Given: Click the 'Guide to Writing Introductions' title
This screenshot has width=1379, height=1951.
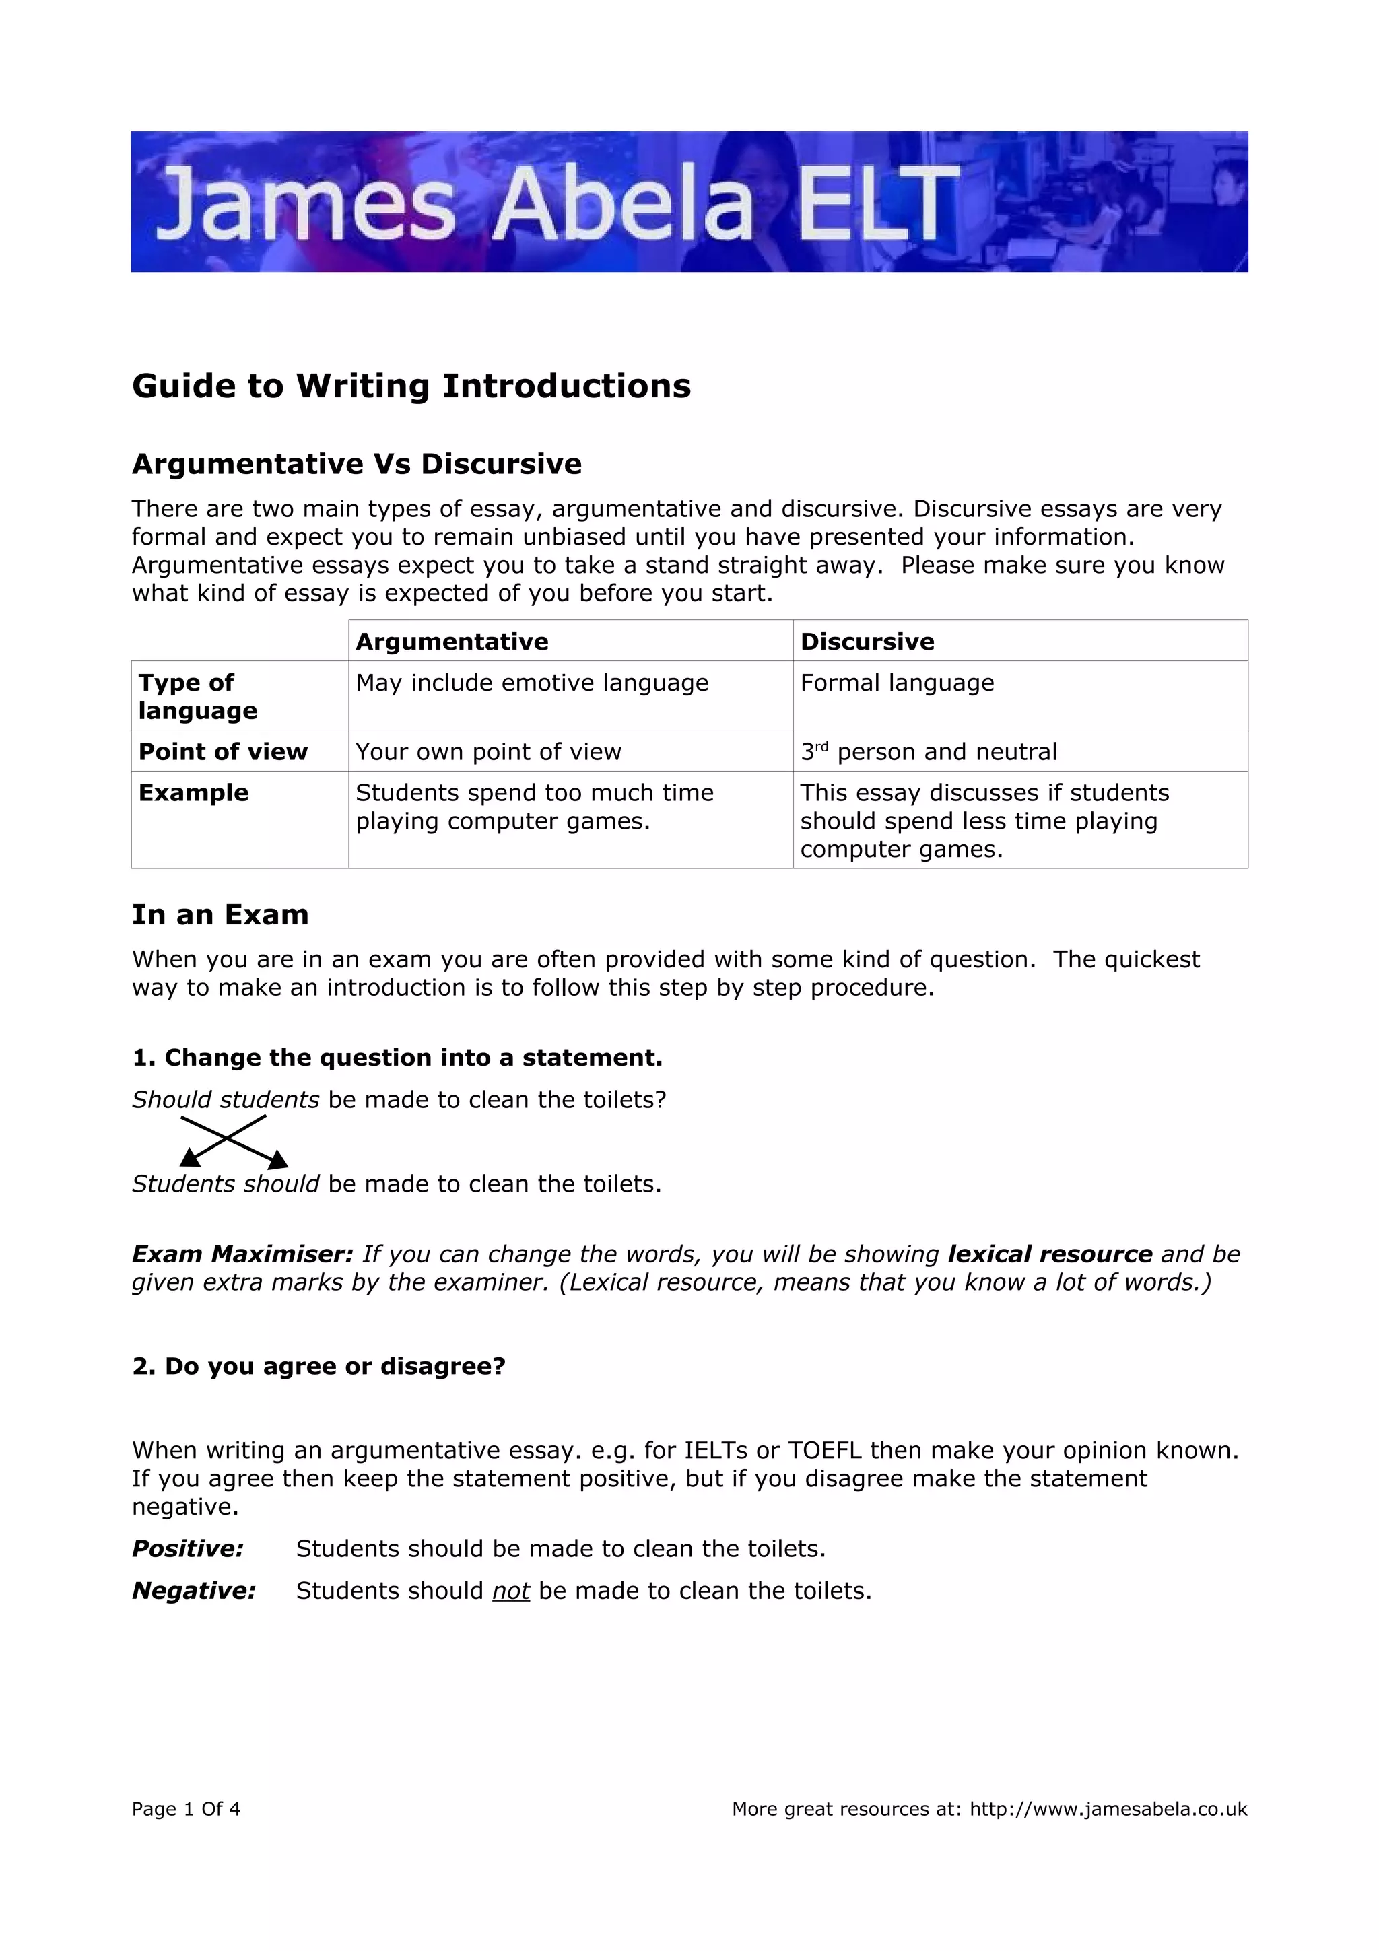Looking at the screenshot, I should coord(411,386).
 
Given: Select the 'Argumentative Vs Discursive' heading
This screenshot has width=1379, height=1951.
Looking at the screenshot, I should coord(357,464).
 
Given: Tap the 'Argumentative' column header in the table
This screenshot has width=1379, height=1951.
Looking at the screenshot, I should coord(452,642).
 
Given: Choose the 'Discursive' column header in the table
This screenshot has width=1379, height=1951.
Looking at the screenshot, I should coord(867,642).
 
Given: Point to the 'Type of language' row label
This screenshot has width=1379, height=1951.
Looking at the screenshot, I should coord(198,696).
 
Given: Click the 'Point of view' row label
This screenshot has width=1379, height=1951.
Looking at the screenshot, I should coord(223,752).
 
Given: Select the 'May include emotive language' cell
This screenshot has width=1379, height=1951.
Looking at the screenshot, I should coord(532,683).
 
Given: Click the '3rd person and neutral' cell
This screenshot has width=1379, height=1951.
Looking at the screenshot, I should coord(929,752).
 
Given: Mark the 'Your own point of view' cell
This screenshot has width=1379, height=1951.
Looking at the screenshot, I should coord(489,752).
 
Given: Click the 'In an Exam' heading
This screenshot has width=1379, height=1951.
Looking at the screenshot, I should coord(220,915).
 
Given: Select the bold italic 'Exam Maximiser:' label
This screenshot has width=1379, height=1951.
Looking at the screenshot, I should coord(242,1254).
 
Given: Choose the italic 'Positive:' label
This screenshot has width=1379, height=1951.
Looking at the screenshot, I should coord(188,1549).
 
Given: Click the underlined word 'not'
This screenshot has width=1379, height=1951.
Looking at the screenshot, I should coord(510,1591).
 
